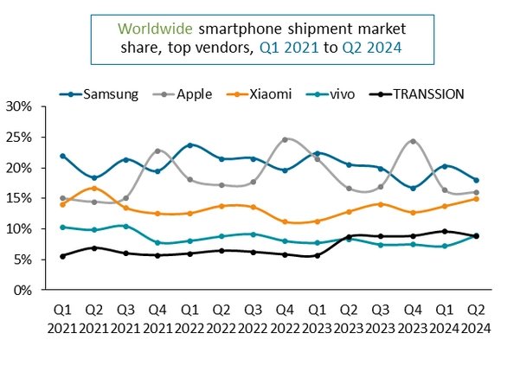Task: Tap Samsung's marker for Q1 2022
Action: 190,145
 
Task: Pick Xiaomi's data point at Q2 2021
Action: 95,188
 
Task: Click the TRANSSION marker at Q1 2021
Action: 63,256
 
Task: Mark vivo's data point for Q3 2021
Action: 126,226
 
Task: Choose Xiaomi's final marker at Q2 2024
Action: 476,199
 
